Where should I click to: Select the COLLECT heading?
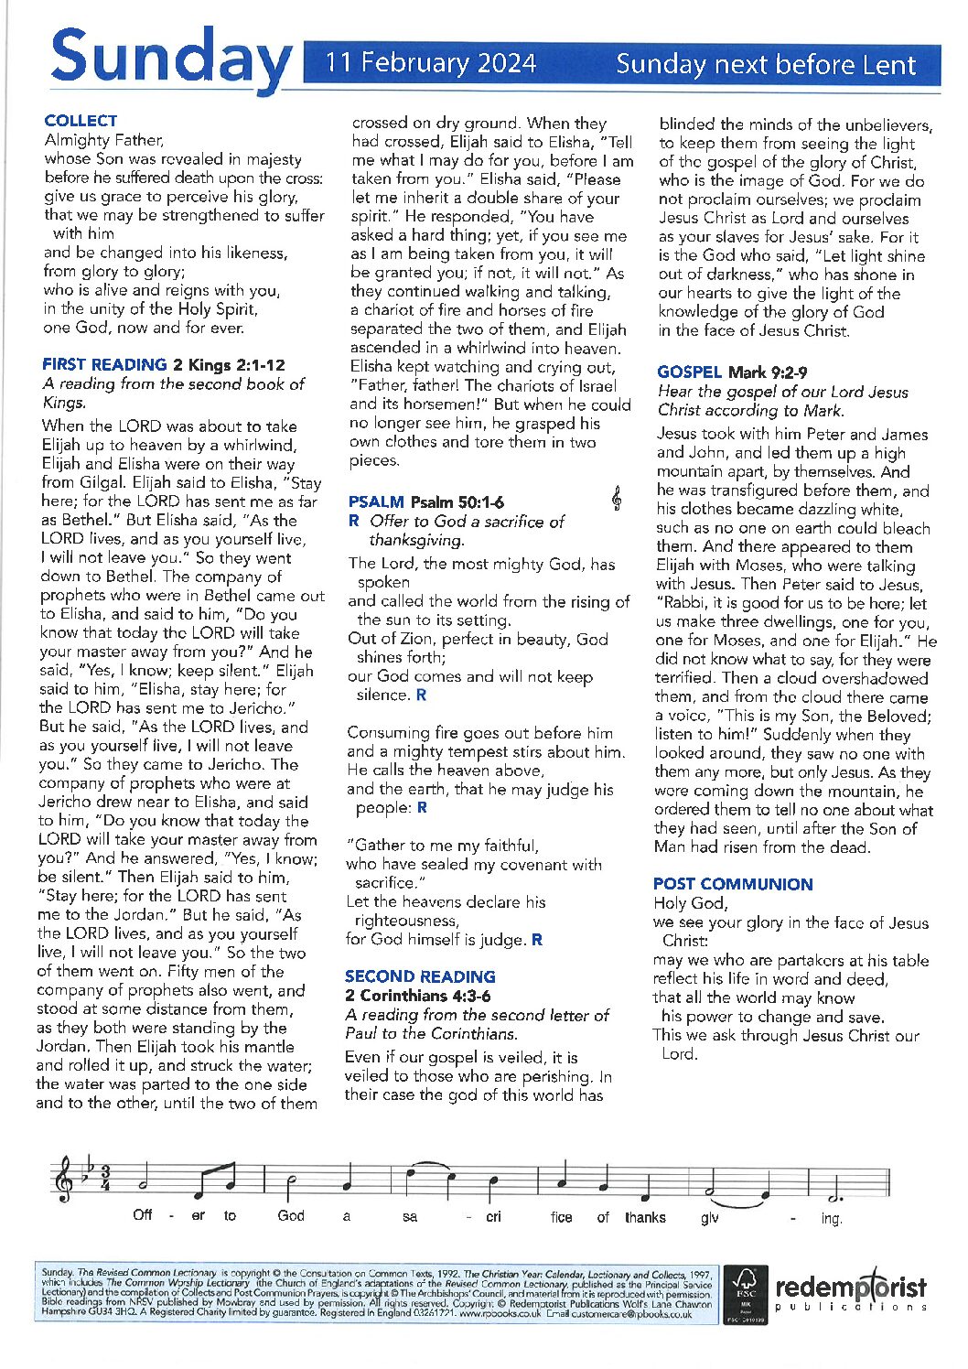click(x=81, y=121)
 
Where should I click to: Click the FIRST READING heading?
click(x=104, y=364)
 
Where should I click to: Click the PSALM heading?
click(x=376, y=501)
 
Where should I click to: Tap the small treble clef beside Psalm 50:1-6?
click(x=618, y=499)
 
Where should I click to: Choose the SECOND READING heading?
click(x=420, y=976)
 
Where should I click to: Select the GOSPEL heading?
click(x=690, y=372)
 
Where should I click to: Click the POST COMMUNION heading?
click(x=733, y=884)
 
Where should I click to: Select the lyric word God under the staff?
click(x=291, y=1216)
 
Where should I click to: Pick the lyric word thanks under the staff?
click(x=645, y=1217)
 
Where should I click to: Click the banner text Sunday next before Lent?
click(x=765, y=64)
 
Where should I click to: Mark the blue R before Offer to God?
click(x=354, y=522)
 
